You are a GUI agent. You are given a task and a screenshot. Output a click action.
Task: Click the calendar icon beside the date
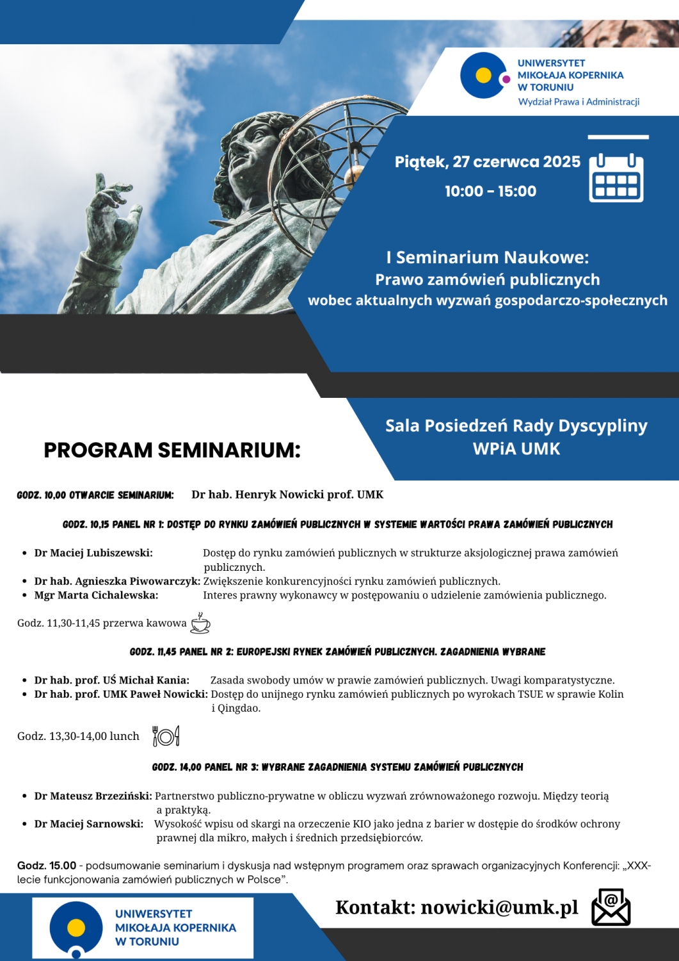(616, 177)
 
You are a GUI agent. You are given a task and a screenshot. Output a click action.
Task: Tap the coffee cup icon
(200, 623)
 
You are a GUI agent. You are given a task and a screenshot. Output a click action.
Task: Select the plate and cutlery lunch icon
(166, 736)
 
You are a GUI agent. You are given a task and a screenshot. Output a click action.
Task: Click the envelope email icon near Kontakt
(611, 907)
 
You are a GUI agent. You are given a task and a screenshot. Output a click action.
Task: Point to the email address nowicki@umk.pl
(499, 907)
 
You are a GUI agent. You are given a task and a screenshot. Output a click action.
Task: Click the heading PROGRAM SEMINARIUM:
(172, 450)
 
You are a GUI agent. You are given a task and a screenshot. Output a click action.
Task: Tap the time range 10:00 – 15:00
(490, 191)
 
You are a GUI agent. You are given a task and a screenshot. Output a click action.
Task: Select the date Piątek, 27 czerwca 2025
(487, 161)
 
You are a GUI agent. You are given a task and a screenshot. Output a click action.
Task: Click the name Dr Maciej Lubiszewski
(93, 553)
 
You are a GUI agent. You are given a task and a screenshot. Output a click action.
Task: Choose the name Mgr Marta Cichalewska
(96, 595)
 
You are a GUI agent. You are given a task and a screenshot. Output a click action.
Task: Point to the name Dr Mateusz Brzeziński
(93, 796)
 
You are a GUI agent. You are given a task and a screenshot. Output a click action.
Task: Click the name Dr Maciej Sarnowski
(89, 824)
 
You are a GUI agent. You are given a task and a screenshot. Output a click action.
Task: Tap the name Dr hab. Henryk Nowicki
(287, 495)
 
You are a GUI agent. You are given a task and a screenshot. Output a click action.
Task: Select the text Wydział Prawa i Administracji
(579, 102)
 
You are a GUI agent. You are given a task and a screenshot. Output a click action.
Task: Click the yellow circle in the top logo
(484, 76)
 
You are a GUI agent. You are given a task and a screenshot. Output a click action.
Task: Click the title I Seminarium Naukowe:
(487, 258)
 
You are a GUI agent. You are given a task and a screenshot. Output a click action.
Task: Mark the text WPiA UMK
(516, 449)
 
